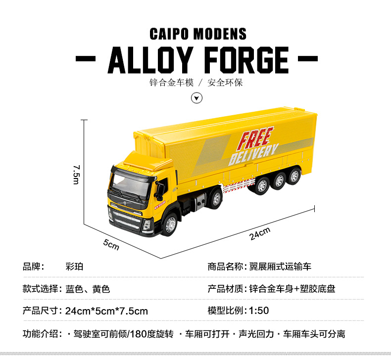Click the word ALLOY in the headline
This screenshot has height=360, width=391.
[x=149, y=60]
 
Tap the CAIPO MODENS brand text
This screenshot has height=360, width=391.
[x=198, y=34]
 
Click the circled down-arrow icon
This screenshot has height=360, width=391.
[x=197, y=98]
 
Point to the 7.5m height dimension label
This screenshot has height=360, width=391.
[x=76, y=174]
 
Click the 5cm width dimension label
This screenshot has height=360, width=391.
[x=111, y=244]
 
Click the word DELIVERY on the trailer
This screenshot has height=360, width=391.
[x=253, y=154]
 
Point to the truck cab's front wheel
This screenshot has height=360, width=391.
[x=169, y=224]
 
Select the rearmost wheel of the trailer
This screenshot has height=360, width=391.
[x=294, y=176]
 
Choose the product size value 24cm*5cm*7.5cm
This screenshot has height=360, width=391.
[x=106, y=311]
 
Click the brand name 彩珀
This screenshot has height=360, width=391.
[x=74, y=267]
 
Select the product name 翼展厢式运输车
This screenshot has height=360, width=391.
[x=280, y=267]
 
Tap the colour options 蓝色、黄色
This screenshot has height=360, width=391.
[x=88, y=289]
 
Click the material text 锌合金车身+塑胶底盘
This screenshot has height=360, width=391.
[x=292, y=289]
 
